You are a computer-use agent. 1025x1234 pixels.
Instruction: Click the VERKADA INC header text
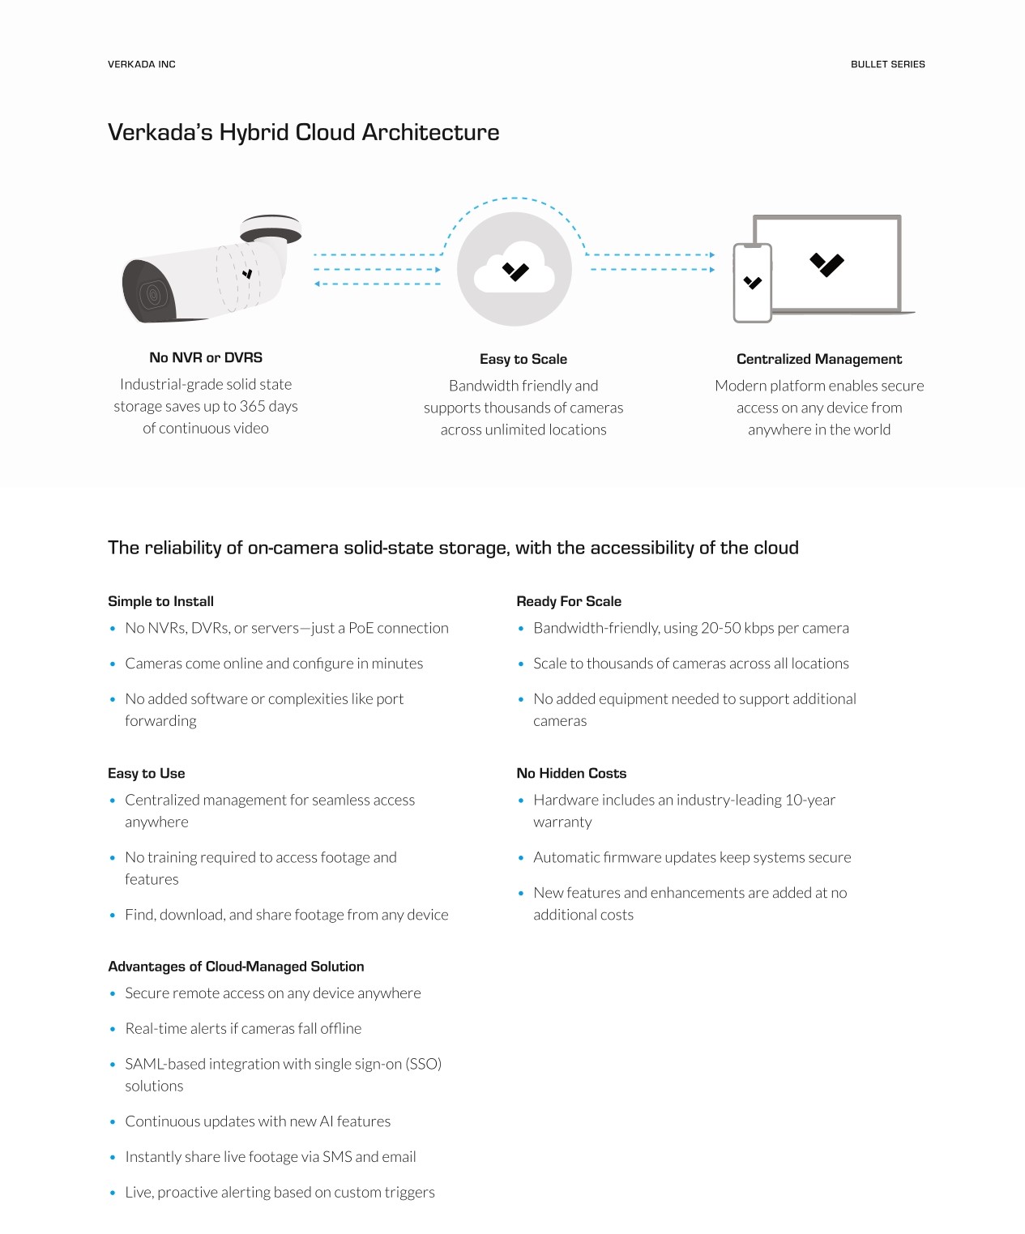pos(141,64)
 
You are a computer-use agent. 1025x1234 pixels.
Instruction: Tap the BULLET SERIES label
pos(887,64)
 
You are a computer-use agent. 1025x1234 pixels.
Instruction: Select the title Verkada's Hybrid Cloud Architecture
pos(303,132)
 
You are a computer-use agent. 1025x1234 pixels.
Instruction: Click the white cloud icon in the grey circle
pos(515,270)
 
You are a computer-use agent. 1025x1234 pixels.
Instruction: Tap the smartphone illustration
pos(752,283)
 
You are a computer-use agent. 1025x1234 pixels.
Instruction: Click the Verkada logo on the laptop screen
pos(826,264)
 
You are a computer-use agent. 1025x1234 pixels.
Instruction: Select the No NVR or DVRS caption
pos(206,357)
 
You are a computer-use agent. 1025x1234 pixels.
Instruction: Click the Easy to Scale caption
pos(523,359)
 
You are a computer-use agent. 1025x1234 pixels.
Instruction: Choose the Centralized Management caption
pos(818,359)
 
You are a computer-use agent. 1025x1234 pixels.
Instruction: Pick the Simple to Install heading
pos(160,601)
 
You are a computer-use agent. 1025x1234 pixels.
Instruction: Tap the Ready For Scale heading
pos(569,601)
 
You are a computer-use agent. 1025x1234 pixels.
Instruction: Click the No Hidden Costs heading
pos(571,773)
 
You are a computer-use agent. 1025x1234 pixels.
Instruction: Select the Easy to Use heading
pos(147,773)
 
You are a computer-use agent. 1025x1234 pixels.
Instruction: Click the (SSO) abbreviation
pos(423,1064)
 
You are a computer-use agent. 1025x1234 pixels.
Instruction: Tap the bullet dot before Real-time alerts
pos(113,1029)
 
